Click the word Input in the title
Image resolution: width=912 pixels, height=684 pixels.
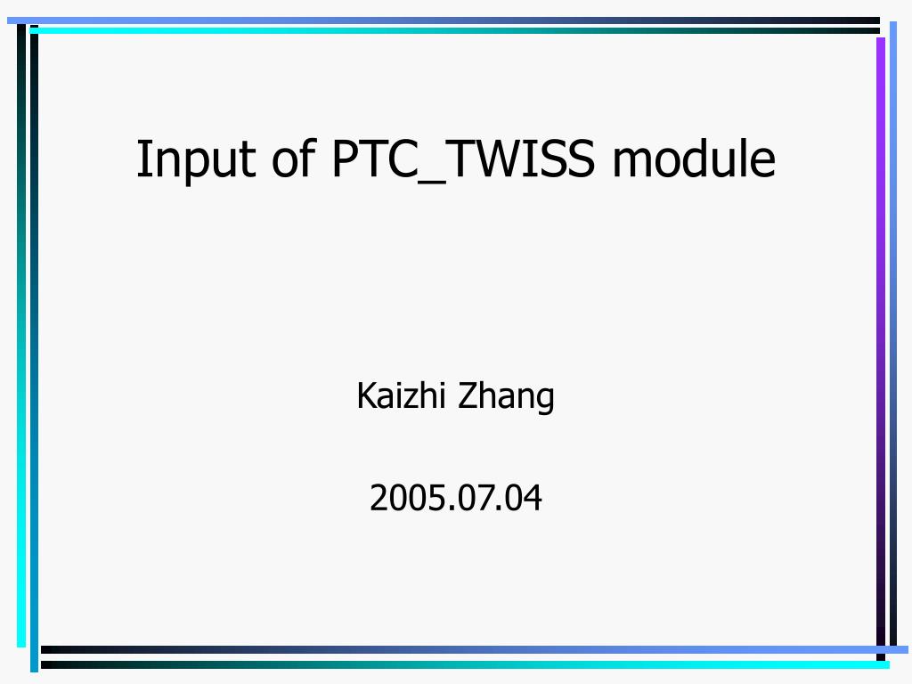pos(196,160)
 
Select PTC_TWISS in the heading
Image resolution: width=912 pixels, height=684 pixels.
pos(464,159)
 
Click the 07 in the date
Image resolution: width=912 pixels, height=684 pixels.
pos(478,498)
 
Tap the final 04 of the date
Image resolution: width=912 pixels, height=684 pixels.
pos(523,498)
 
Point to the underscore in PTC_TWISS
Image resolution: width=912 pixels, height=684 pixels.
pos(432,183)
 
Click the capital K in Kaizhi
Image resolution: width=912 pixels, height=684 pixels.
pos(367,395)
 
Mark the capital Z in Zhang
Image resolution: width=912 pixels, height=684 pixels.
pos(468,395)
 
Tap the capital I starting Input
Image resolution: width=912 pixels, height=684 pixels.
pos(142,158)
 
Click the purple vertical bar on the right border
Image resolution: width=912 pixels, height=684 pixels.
pos(881,340)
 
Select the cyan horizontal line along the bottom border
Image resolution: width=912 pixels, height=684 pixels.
pos(465,664)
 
